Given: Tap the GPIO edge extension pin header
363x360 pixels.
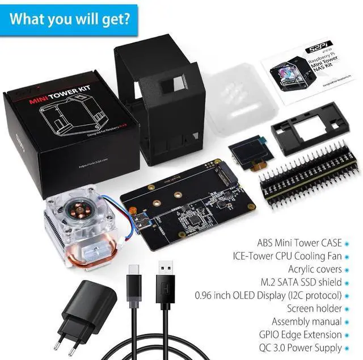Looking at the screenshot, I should click(x=310, y=174).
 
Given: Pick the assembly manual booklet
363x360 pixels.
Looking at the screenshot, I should click(x=309, y=68).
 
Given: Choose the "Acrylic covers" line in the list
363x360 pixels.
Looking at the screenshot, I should click(x=315, y=269).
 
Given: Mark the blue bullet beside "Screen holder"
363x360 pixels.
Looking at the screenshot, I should click(x=347, y=309).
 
